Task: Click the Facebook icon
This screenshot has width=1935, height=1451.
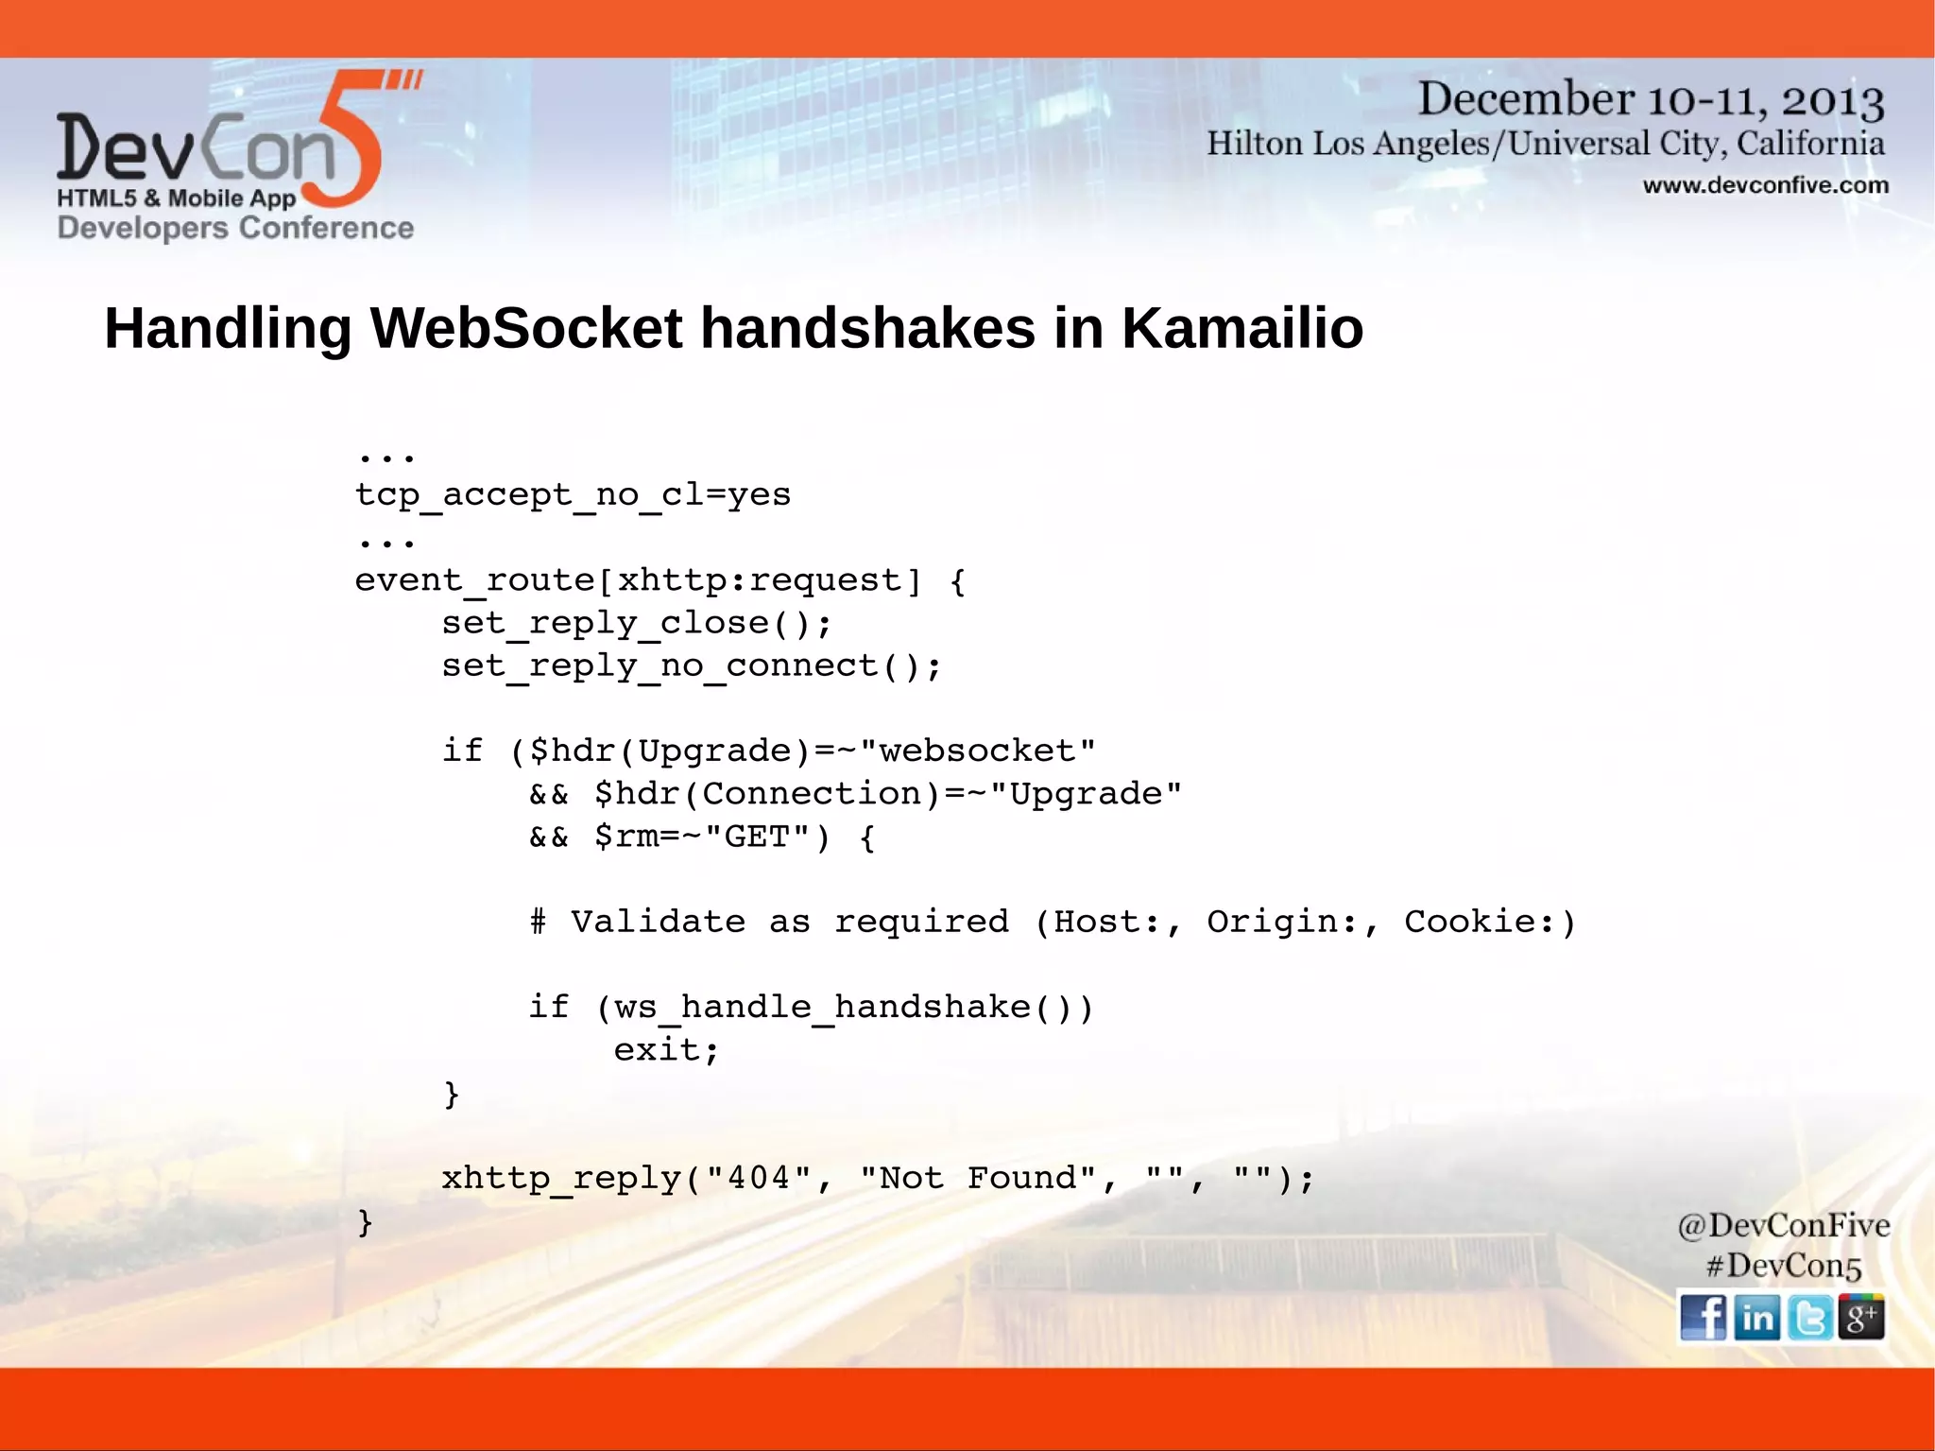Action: (x=1703, y=1317)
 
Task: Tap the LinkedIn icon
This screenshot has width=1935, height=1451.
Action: (x=1756, y=1317)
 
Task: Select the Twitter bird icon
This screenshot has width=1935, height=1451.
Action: (x=1809, y=1317)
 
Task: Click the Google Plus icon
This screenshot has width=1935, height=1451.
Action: (x=1861, y=1317)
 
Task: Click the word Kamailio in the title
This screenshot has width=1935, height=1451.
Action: (x=1241, y=328)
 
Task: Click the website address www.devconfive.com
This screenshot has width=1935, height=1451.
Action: (x=1765, y=185)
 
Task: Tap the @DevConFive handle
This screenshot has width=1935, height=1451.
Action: (x=1783, y=1225)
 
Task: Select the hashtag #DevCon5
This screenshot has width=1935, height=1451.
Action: (x=1783, y=1266)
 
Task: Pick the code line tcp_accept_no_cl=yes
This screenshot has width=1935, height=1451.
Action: (x=573, y=494)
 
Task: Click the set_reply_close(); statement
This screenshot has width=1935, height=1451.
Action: (x=636, y=623)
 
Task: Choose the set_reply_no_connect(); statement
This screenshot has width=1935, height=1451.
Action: (x=691, y=665)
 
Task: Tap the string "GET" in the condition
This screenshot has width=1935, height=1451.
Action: (x=757, y=837)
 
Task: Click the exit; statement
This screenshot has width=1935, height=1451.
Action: (x=666, y=1049)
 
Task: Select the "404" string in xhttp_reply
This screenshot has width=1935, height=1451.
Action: (x=758, y=1178)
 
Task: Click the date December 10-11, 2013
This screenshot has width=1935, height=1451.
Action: (x=1651, y=100)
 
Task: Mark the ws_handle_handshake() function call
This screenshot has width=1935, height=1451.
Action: (x=844, y=1007)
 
